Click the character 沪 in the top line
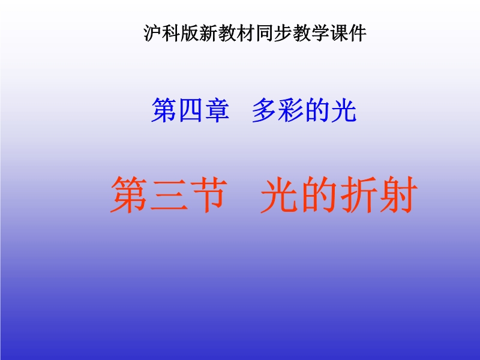tap(153, 33)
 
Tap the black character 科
tap(171, 33)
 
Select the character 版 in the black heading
tap(190, 33)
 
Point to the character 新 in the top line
tap(208, 33)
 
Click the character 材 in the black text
tap(246, 33)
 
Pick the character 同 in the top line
tap(265, 33)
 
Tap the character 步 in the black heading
tap(283, 33)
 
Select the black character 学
tap(320, 33)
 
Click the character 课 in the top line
tap(339, 33)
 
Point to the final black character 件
tap(358, 33)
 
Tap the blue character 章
tap(217, 110)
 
